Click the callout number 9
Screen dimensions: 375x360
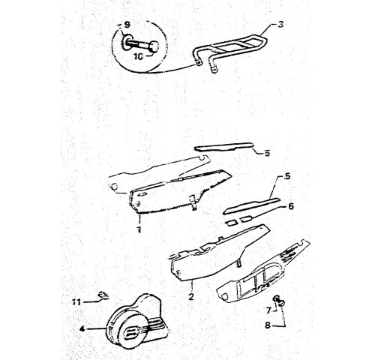point(127,25)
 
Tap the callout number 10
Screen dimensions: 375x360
point(139,56)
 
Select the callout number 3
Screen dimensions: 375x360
point(280,25)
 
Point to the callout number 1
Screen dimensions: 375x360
point(139,229)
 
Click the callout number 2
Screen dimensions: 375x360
point(191,297)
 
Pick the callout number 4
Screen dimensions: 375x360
point(82,329)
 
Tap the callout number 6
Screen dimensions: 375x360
point(291,206)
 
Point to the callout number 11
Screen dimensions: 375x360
point(76,302)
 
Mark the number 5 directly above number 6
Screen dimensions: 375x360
point(288,176)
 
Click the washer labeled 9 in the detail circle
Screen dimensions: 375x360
point(126,43)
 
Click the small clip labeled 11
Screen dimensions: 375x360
point(103,295)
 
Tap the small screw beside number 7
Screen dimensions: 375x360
point(280,301)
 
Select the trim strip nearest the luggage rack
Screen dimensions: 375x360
point(223,147)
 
